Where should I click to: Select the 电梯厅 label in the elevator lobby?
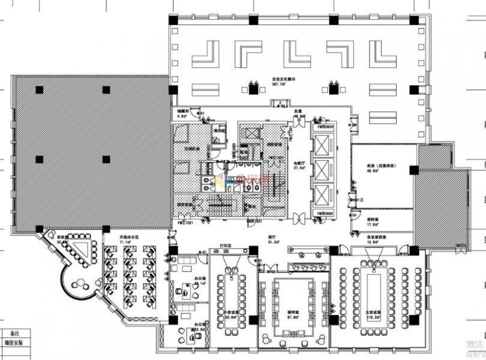pyautogui.click(x=298, y=162)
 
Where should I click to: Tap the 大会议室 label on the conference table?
pyautogui.click(x=374, y=313)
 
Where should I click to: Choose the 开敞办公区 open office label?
pyautogui.click(x=129, y=238)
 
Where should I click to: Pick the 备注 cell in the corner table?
pyautogui.click(x=14, y=332)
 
